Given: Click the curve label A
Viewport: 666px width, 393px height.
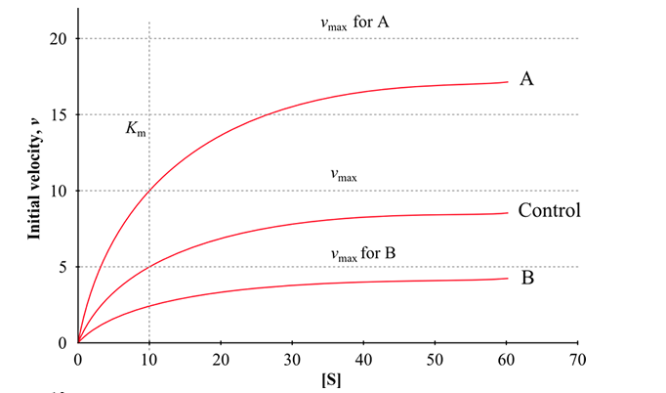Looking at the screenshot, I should [526, 79].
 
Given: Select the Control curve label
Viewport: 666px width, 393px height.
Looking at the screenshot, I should [550, 210].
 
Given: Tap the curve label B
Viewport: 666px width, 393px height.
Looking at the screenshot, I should [527, 278].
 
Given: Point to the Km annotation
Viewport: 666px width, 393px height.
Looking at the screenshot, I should [136, 128].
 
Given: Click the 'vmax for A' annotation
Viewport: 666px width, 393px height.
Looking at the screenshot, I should [356, 21].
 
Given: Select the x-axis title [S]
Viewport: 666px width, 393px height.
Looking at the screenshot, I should [327, 379].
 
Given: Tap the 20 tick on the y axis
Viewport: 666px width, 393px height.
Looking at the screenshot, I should [59, 38].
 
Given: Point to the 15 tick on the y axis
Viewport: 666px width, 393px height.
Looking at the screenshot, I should [59, 114].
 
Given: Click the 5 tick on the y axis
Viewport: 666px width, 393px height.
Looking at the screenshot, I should [62, 267].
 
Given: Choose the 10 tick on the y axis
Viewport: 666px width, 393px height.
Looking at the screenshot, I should [59, 191].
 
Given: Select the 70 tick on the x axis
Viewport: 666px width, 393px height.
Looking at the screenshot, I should [578, 358].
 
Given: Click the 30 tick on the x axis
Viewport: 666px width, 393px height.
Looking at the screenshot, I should [292, 358].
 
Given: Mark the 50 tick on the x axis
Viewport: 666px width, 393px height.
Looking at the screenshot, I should [435, 358].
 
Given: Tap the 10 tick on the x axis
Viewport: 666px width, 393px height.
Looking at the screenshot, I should [148, 358].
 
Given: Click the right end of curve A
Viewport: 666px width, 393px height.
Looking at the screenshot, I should [507, 82].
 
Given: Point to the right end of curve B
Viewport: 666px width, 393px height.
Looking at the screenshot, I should [507, 279].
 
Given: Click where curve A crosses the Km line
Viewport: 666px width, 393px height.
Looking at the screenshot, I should [148, 192].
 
